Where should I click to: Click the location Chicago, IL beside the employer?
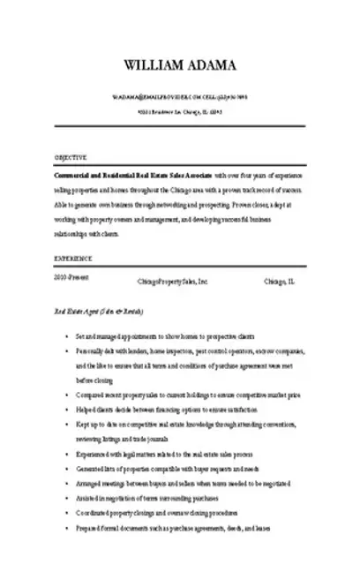point(281,282)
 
